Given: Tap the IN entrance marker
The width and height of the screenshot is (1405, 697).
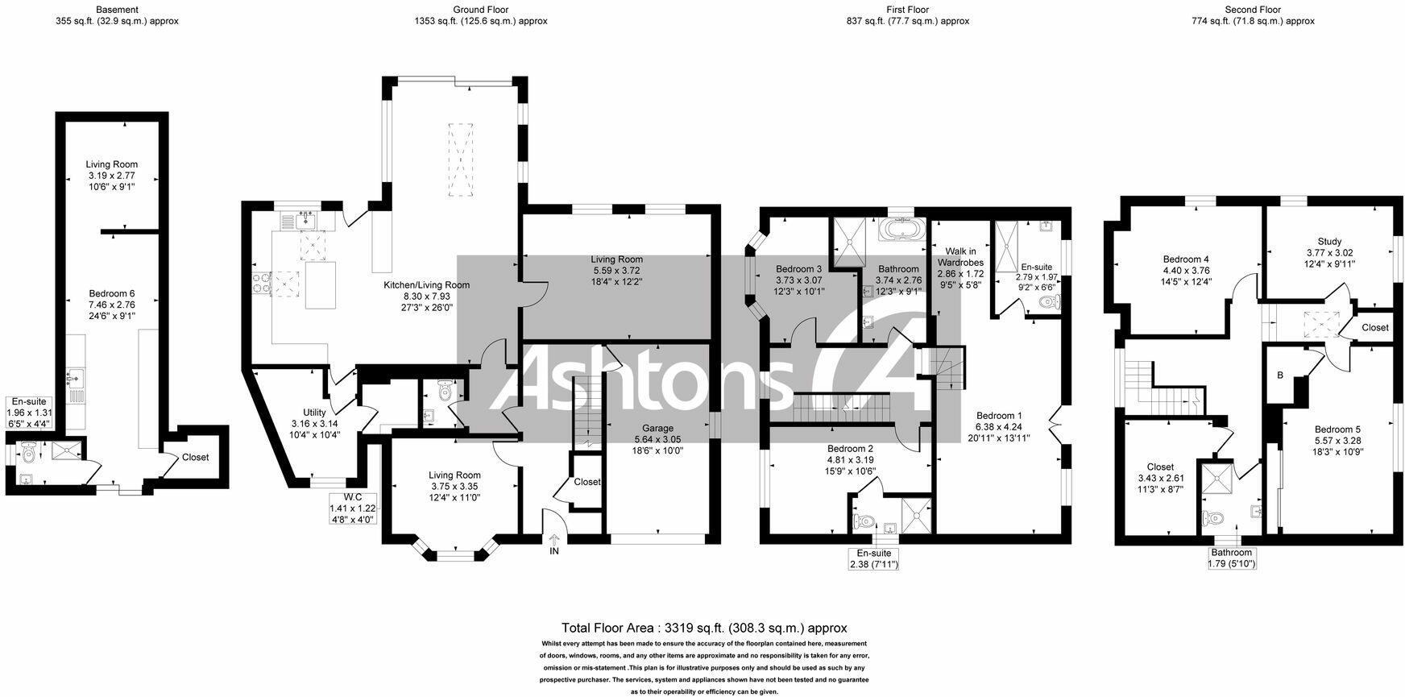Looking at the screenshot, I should click(x=554, y=551).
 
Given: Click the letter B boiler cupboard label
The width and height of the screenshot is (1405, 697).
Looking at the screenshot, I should click(x=1279, y=375).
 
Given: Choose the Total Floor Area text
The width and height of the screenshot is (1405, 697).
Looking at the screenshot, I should click(x=703, y=628).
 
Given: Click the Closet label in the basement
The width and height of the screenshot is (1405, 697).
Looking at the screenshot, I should click(x=195, y=457).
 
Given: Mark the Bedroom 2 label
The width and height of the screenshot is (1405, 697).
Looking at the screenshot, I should click(x=849, y=449).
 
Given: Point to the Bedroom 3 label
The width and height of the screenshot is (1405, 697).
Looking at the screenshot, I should click(x=798, y=269).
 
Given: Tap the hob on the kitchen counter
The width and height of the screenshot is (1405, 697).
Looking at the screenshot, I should click(x=263, y=281).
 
